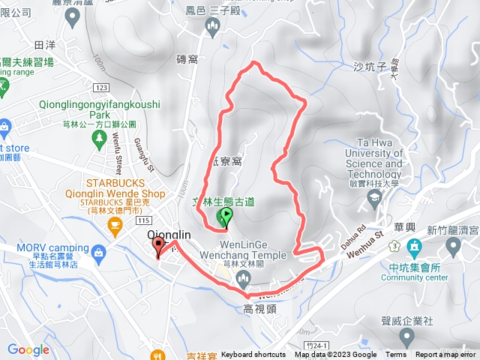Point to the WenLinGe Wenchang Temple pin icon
click(241, 280)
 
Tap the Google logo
click(28, 349)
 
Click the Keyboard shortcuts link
click(253, 355)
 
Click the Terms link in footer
click(396, 355)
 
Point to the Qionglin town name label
click(169, 235)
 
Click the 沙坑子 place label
click(368, 67)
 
